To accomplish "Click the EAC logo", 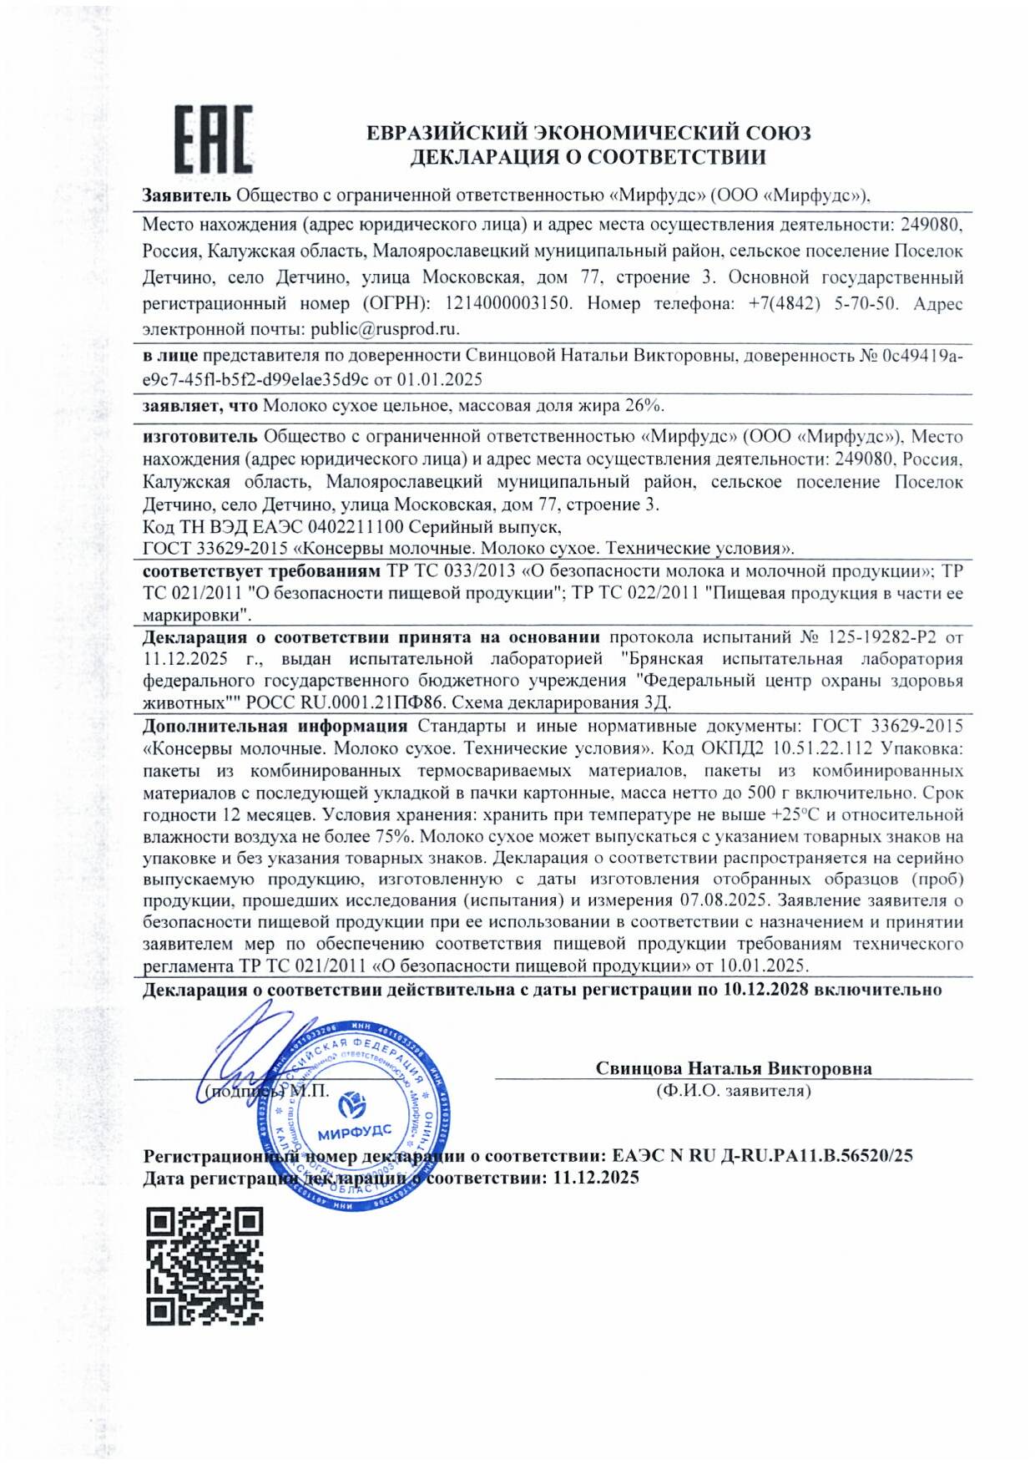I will [213, 139].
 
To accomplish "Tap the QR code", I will [204, 1265].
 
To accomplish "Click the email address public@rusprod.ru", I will [385, 329].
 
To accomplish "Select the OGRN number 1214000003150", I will [508, 303].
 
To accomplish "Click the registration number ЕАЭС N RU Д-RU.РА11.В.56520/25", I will [762, 1156].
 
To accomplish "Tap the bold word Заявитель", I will [186, 195].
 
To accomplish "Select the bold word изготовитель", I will [200, 436].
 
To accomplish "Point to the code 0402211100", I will [356, 527].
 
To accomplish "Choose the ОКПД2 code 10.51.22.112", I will [822, 748].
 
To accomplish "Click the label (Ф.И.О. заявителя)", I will [734, 1091].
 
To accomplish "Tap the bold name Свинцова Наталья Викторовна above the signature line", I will [734, 1068].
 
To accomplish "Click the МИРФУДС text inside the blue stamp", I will [354, 1133].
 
